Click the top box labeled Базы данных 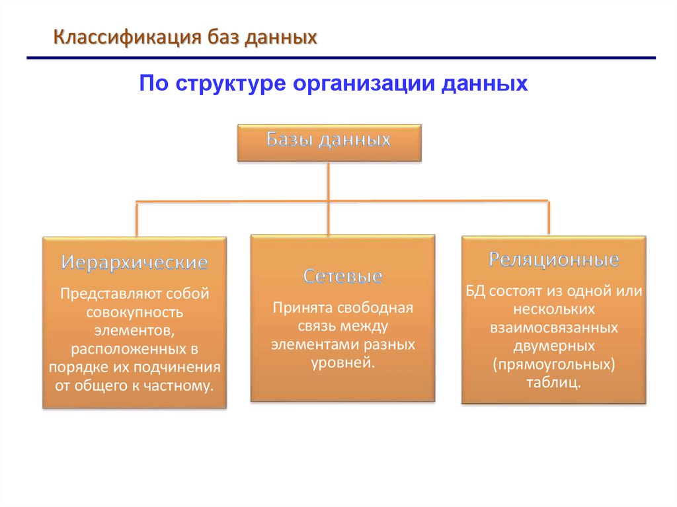pos(329,141)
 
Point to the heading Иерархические pos(135,262)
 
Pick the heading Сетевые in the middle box pos(343,276)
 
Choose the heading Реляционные pos(554,259)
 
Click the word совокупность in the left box pos(135,310)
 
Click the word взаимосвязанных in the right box pos(554,327)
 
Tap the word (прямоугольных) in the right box pos(554,364)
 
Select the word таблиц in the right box pos(553,382)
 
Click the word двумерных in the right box pos(554,346)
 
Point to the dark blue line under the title pos(341,59)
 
